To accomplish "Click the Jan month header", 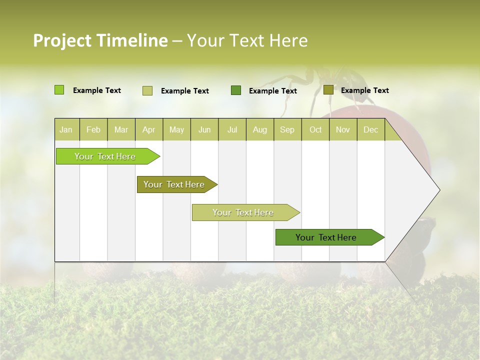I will tap(66, 129).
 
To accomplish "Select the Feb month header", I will tap(93, 129).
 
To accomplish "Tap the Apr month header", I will tap(148, 129).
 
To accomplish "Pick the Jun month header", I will tap(204, 129).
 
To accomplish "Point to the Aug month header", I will tap(259, 129).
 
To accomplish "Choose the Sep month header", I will tap(287, 129).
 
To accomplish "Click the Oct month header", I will tap(315, 129).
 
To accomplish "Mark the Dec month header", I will tap(370, 129).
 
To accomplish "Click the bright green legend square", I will tap(59, 90).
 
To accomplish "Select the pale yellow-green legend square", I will tap(147, 90).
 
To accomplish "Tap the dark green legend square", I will tap(236, 90).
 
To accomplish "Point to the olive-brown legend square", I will tap(328, 90).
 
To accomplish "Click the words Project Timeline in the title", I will tap(100, 40).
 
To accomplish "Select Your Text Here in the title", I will tap(247, 40).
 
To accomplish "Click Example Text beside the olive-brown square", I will tap(364, 90).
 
